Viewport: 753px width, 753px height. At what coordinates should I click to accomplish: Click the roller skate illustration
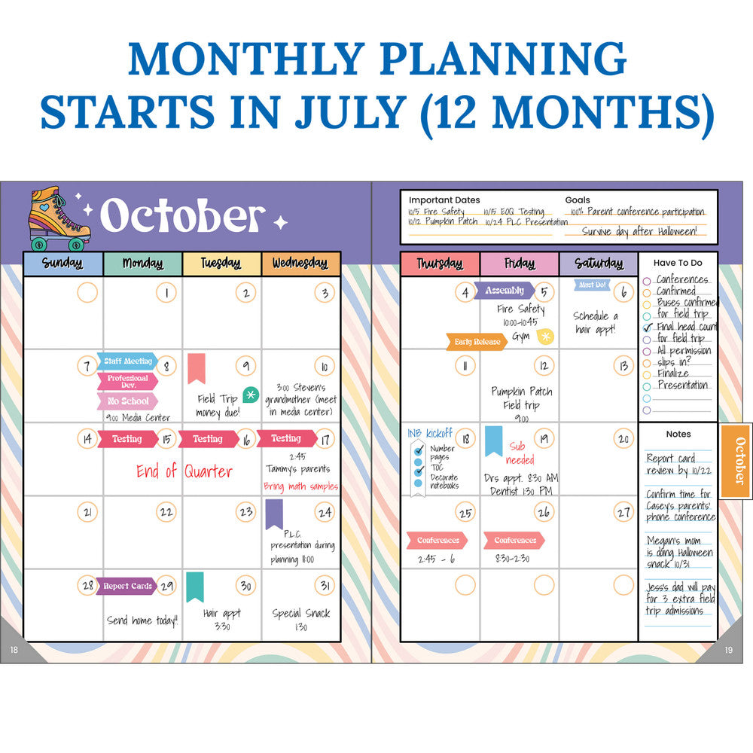(59, 218)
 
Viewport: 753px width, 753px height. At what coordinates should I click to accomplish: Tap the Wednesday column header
(300, 264)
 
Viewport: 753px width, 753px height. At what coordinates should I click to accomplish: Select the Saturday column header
(599, 264)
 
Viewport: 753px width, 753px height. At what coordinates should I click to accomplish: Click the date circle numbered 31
(325, 586)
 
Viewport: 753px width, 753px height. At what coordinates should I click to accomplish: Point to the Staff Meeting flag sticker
(127, 361)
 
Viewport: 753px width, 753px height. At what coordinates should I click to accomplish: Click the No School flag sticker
(127, 401)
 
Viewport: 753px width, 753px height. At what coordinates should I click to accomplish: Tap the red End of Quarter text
(184, 471)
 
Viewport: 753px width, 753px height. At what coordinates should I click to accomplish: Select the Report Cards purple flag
(127, 586)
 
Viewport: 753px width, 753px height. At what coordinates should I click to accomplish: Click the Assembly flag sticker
(504, 291)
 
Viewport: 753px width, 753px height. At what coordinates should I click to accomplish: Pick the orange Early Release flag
(477, 342)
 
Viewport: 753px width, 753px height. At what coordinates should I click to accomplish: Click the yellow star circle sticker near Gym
(544, 337)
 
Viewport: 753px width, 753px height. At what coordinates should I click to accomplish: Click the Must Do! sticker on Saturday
(592, 285)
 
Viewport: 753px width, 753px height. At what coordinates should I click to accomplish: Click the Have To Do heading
(678, 263)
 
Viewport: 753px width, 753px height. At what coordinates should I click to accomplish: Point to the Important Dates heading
(444, 200)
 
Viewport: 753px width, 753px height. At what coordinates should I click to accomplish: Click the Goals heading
(578, 200)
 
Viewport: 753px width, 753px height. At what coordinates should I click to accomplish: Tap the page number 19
(728, 651)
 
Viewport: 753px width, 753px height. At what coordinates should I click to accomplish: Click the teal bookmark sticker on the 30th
(194, 587)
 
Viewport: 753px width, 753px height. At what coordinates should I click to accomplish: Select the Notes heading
(678, 434)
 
